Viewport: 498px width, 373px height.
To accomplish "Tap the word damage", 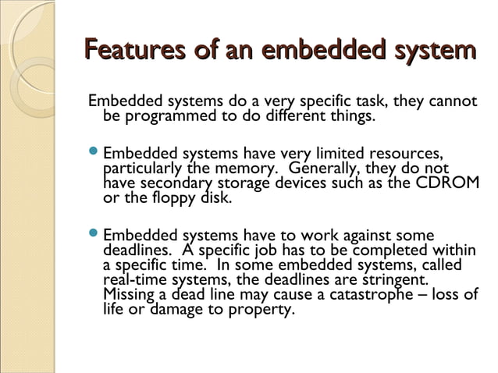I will (x=180, y=309).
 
